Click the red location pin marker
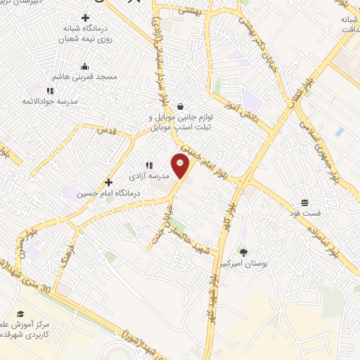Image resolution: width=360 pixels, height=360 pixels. point(181,167)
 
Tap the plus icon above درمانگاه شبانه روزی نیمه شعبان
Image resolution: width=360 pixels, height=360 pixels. point(86,18)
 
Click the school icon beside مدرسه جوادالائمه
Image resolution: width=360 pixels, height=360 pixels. point(50,91)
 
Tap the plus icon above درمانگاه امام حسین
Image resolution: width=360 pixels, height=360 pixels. point(108,181)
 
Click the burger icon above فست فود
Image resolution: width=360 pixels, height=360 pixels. point(304,200)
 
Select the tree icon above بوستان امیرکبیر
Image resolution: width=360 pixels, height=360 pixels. point(243,251)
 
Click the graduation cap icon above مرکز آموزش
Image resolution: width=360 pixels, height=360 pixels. point(21,314)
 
